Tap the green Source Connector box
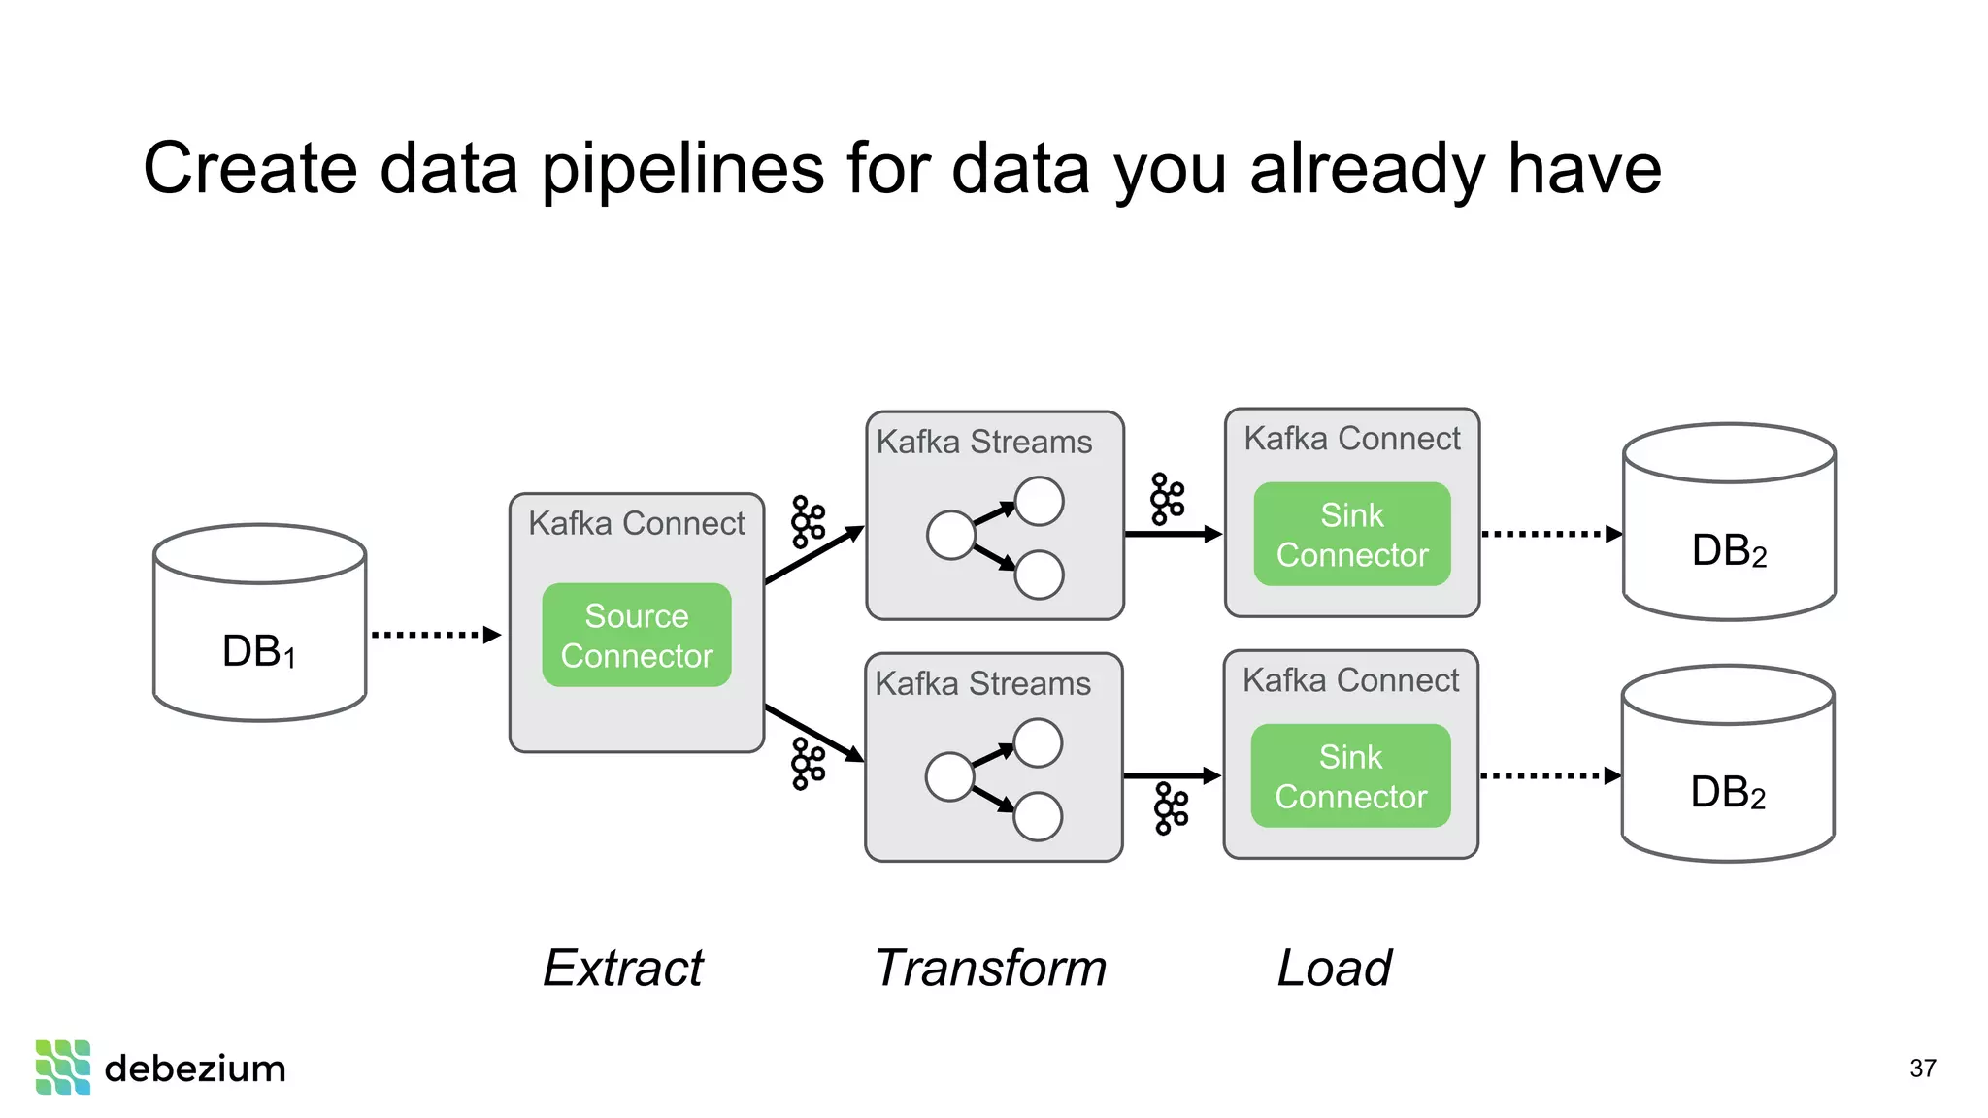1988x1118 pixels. (636, 636)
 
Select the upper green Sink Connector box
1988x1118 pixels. (1351, 535)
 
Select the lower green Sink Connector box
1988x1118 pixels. (1350, 776)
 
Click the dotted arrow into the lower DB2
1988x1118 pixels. (1549, 775)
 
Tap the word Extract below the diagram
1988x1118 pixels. (623, 969)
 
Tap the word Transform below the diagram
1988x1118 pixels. (990, 969)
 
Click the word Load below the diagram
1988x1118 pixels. (1334, 969)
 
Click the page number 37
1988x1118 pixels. (1922, 1069)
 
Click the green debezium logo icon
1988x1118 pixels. (63, 1068)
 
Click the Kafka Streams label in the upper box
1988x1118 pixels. (983, 443)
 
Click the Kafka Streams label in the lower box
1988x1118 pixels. (982, 684)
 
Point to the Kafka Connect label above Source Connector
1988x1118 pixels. (636, 524)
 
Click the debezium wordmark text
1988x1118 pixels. (195, 1069)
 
